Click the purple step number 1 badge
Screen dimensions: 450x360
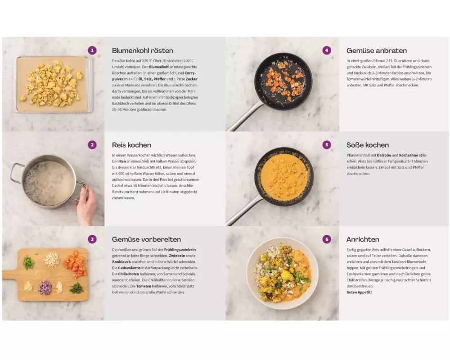92,50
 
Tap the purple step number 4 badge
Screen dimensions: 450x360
327,50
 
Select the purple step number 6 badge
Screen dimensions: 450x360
327,239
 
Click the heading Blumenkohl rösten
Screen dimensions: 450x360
143,51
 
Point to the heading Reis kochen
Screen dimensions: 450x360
131,145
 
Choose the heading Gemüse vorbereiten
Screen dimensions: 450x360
146,239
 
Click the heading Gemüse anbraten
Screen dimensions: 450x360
377,51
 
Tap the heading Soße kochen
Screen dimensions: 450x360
368,145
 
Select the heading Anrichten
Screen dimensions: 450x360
363,239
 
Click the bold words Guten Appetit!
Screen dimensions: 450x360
359,292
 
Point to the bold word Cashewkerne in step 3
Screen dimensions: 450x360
129,268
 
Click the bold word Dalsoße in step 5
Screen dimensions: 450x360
384,155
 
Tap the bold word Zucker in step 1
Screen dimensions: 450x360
191,79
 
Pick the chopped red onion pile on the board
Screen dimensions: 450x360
45,287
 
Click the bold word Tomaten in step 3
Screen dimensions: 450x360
144,286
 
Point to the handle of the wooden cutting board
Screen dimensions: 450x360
10,275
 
